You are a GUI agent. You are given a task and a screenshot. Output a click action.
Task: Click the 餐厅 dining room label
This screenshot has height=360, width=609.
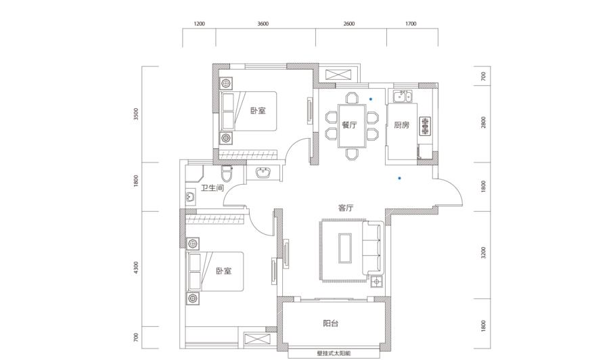pyautogui.click(x=349, y=125)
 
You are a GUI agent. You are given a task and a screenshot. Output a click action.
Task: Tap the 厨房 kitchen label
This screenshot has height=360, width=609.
pyautogui.click(x=401, y=125)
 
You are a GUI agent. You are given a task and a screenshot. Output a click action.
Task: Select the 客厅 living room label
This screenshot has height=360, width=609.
pyautogui.click(x=345, y=208)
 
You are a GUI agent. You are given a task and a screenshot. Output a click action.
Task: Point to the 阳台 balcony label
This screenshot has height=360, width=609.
pyautogui.click(x=330, y=323)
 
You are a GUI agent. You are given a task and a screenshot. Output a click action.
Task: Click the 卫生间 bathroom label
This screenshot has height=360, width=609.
pyautogui.click(x=212, y=188)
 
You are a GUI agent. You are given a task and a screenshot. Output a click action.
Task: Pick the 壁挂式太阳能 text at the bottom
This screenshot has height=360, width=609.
pyautogui.click(x=334, y=354)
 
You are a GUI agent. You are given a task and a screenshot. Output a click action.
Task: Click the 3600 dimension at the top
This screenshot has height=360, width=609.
pyautogui.click(x=263, y=24)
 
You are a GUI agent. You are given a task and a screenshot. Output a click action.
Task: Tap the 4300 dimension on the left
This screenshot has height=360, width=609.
pyautogui.click(x=135, y=267)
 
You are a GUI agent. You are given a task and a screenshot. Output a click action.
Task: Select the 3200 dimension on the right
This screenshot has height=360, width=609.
pyautogui.click(x=483, y=253)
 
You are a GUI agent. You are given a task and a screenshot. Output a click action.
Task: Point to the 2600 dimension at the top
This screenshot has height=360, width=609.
pyautogui.click(x=348, y=24)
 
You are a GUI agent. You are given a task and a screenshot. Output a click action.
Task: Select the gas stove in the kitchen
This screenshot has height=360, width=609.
pyautogui.click(x=426, y=126)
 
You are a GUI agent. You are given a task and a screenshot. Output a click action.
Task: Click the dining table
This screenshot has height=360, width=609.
pyautogui.click(x=352, y=126)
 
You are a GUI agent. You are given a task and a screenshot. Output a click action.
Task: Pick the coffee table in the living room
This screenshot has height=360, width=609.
pyautogui.click(x=345, y=248)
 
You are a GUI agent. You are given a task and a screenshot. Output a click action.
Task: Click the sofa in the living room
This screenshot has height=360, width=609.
pyautogui.click(x=373, y=248)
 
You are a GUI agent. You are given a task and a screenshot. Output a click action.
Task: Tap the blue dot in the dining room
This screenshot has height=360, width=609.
pyautogui.click(x=371, y=99)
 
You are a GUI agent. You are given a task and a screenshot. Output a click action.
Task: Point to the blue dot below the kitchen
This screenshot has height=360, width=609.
pyautogui.click(x=399, y=178)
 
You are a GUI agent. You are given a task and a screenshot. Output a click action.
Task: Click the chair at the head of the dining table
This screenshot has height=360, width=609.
pyautogui.click(x=352, y=97)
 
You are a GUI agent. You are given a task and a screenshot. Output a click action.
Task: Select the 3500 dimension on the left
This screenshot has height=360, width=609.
pyautogui.click(x=135, y=114)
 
